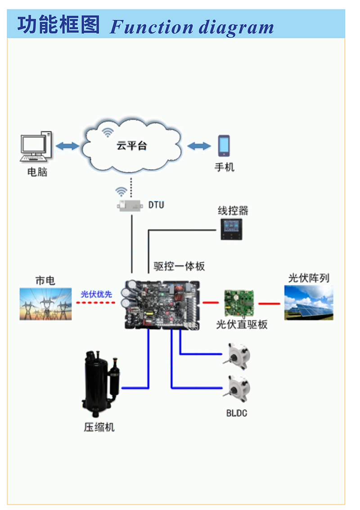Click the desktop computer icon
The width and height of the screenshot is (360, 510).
tap(36, 146)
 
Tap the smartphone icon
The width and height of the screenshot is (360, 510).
tap(224, 146)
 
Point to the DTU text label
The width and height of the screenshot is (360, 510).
tap(156, 205)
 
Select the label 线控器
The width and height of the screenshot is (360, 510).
tap(233, 211)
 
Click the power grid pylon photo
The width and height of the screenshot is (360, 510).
tap(46, 304)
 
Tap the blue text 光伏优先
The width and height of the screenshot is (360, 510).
tap(96, 294)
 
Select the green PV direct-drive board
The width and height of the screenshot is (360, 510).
tap(239, 303)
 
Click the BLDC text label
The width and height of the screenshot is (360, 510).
tap(237, 413)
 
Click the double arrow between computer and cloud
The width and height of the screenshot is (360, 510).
tap(67, 146)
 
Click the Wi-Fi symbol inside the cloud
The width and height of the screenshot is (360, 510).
tap(108, 132)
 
